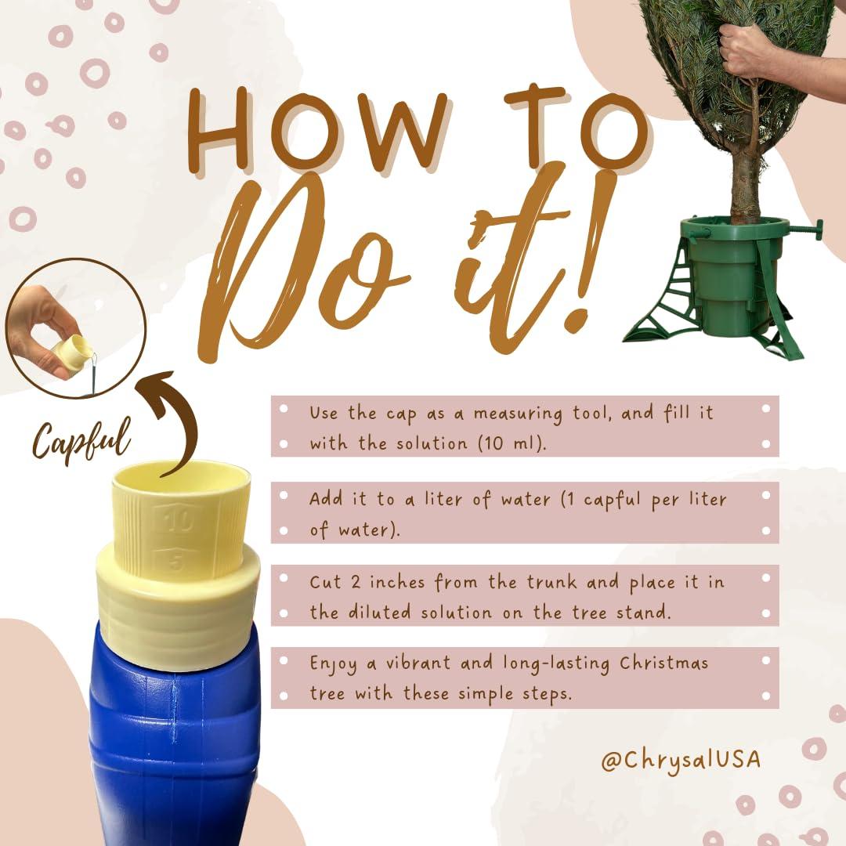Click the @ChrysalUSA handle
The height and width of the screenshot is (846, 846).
click(x=681, y=760)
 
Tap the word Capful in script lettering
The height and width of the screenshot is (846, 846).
click(x=81, y=439)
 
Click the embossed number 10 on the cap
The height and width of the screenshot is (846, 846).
click(x=177, y=519)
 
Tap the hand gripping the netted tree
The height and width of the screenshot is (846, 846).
click(x=748, y=51)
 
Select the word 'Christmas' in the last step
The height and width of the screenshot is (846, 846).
click(x=663, y=663)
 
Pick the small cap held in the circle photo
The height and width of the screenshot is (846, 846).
click(x=71, y=355)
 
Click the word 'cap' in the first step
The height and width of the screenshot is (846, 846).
click(x=401, y=414)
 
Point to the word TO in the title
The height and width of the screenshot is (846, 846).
click(x=578, y=128)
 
